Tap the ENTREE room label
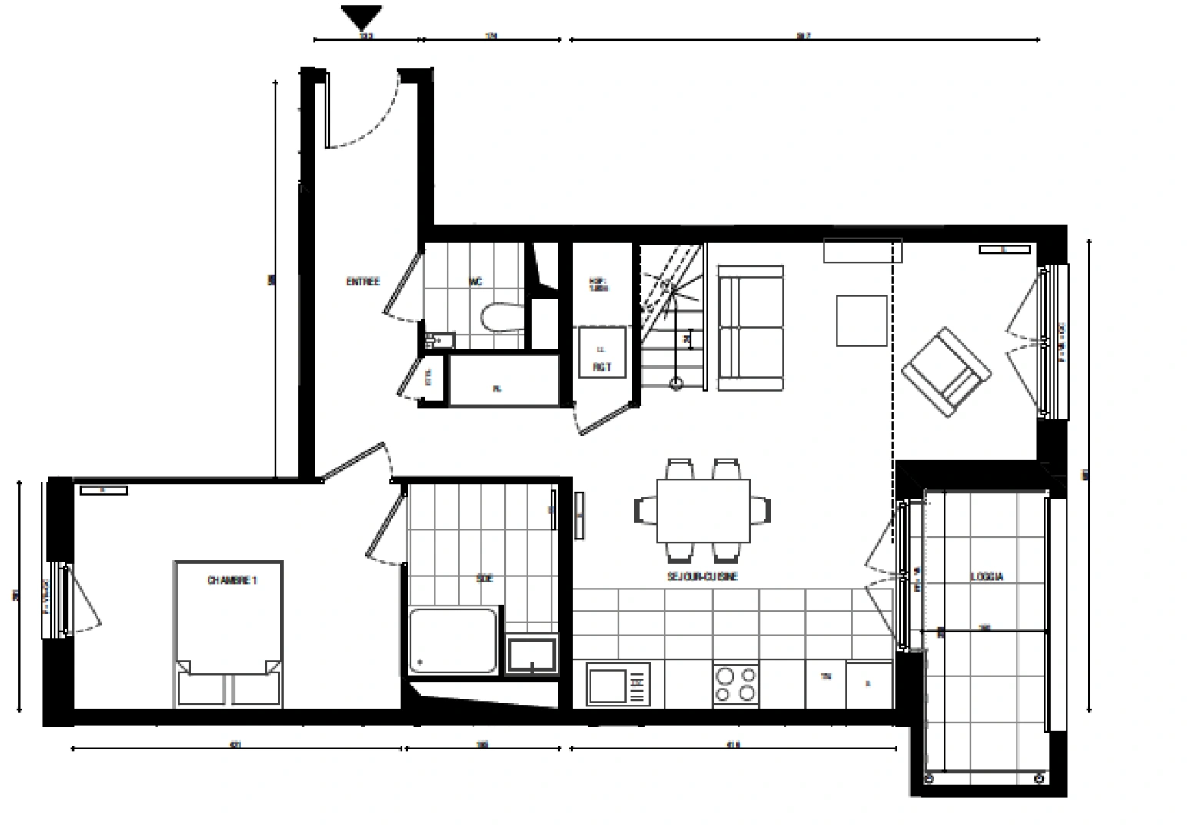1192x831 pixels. (x=362, y=282)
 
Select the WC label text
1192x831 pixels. (x=475, y=282)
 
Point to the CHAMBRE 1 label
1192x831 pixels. (x=231, y=581)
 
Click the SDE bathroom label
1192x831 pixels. (x=484, y=579)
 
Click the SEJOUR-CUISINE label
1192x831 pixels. (x=702, y=576)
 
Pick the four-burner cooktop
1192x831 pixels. (x=735, y=684)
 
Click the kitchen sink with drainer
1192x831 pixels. (x=617, y=685)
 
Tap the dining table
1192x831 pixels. (x=703, y=510)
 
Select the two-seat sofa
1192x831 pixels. (x=750, y=328)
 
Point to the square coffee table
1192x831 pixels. (x=861, y=320)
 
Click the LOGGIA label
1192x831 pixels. (x=987, y=576)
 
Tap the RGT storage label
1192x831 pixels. (x=601, y=368)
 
